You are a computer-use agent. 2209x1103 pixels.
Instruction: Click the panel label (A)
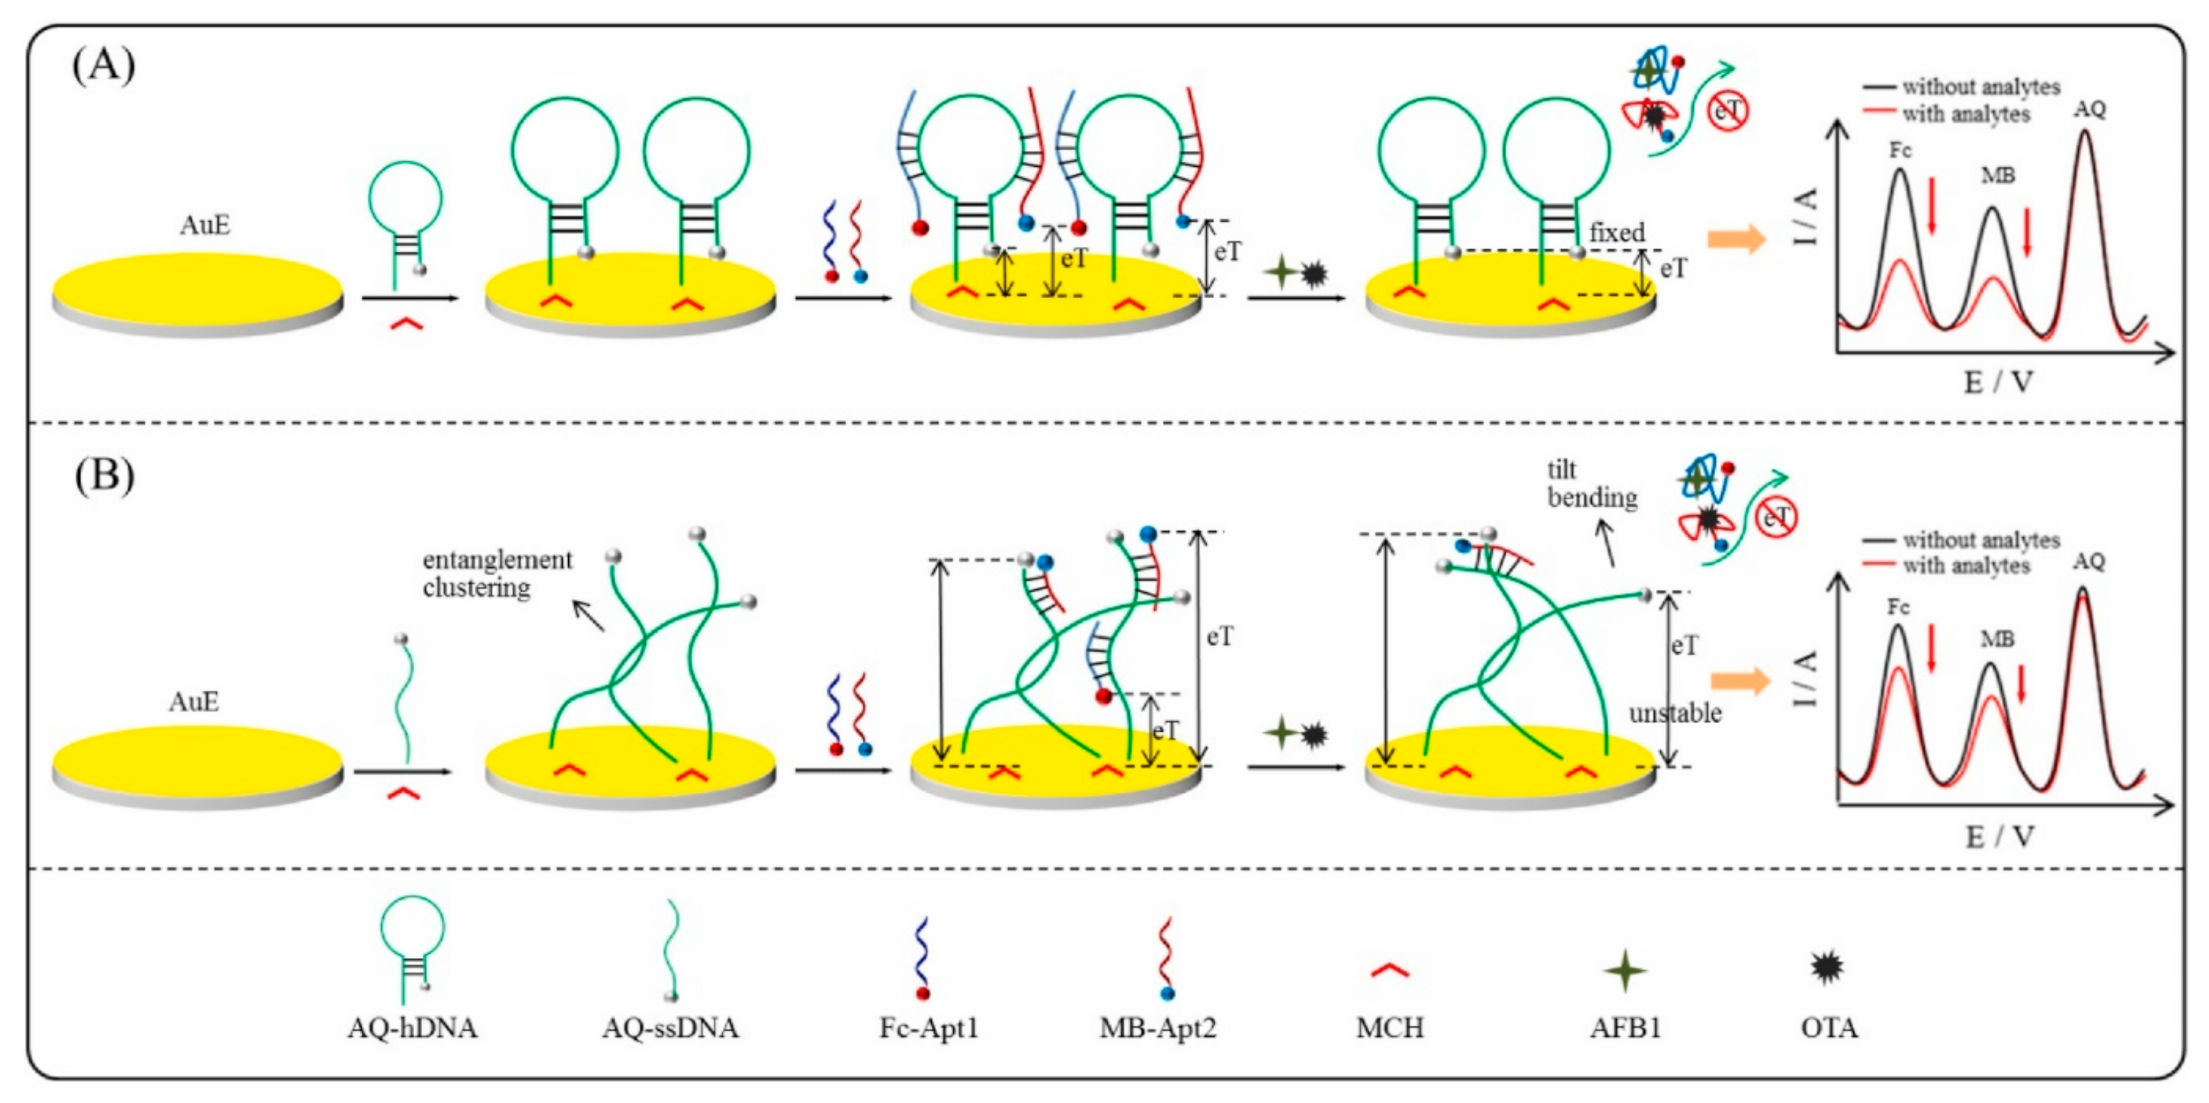coord(103,65)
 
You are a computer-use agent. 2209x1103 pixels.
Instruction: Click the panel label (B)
coord(103,475)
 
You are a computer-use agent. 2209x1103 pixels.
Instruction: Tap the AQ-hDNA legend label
coord(412,1027)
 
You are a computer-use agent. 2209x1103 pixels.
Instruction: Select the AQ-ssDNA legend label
coord(670,1027)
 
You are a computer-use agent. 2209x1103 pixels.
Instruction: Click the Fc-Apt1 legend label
coord(929,1027)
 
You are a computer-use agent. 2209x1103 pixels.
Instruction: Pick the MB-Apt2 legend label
coord(1158,1027)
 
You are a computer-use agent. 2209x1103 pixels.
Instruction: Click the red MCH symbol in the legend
coord(1389,970)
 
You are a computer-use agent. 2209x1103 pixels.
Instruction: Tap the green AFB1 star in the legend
coord(1625,971)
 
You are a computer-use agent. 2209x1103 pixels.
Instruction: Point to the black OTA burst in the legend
coord(1827,968)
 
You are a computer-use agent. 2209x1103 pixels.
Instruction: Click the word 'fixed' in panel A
coord(1616,232)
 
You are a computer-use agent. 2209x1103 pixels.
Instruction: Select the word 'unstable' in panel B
coord(1675,713)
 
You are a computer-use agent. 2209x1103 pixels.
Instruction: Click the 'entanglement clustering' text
coord(496,574)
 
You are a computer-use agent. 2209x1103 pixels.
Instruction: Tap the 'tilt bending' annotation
coord(1592,483)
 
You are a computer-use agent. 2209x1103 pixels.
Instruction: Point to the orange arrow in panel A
coord(1736,239)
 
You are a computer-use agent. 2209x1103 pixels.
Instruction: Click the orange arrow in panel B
coord(1740,681)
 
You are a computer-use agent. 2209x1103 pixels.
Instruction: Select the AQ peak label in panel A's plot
coord(2090,109)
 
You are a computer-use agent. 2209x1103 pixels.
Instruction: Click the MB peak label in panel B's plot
coord(1997,639)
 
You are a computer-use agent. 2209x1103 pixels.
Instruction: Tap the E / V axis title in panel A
coord(1998,382)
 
